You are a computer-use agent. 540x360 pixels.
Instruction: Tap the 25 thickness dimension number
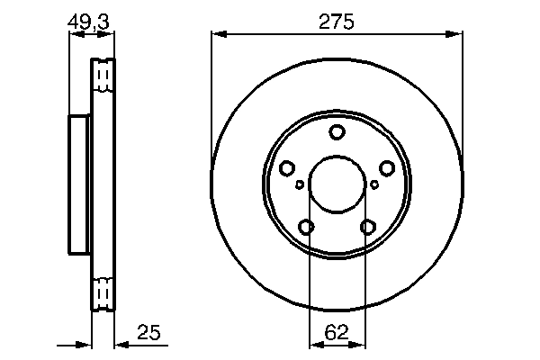tap(148, 335)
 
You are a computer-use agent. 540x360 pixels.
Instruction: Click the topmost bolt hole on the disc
tap(337, 133)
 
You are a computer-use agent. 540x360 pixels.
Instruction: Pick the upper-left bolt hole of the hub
tap(287, 168)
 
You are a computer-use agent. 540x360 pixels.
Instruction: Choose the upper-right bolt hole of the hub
tap(387, 168)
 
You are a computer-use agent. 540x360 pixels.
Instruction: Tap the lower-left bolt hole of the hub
tap(306, 227)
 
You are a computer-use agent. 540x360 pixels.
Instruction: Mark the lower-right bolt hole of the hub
tap(367, 227)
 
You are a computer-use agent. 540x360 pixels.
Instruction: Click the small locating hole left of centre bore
tap(300, 184)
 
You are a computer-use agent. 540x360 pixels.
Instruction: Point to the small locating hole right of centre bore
tap(374, 184)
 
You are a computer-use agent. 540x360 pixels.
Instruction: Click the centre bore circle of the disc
tap(337, 185)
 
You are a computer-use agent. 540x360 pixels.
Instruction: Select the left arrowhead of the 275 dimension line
tap(216, 35)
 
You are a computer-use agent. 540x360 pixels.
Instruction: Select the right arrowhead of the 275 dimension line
tap(459, 35)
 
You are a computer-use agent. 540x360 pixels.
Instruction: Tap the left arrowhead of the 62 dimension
tap(313, 344)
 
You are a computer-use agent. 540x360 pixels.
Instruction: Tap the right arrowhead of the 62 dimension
tap(362, 344)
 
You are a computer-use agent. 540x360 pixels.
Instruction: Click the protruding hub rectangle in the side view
tap(79, 185)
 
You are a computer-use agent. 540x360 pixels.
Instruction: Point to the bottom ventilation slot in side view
tap(103, 294)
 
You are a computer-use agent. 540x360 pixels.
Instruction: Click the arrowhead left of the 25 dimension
tap(87, 344)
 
